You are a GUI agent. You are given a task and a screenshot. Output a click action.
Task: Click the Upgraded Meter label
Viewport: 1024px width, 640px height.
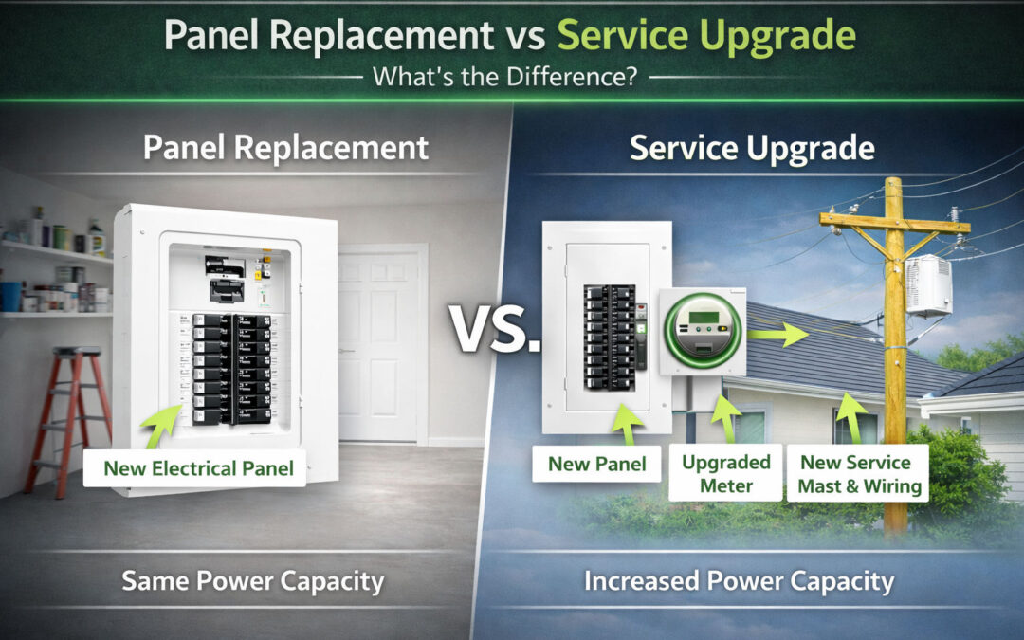[x=726, y=473]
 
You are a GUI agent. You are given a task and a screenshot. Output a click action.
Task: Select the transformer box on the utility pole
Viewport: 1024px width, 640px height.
[x=928, y=284]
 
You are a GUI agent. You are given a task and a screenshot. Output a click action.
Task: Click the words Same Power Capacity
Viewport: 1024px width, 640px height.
[x=252, y=580]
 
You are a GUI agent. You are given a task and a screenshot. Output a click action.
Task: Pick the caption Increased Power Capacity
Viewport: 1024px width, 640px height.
[x=739, y=580]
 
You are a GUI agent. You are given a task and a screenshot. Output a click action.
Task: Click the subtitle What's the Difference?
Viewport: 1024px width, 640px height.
[x=503, y=77]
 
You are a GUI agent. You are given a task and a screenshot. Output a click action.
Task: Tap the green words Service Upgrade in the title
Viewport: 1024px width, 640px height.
[x=705, y=35]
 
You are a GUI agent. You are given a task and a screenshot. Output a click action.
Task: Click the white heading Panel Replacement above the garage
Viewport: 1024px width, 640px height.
[x=285, y=148]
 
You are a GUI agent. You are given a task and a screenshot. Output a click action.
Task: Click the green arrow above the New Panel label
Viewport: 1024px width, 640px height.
[x=623, y=423]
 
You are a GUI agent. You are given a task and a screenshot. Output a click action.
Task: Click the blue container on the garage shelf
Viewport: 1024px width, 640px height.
[x=10, y=296]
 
